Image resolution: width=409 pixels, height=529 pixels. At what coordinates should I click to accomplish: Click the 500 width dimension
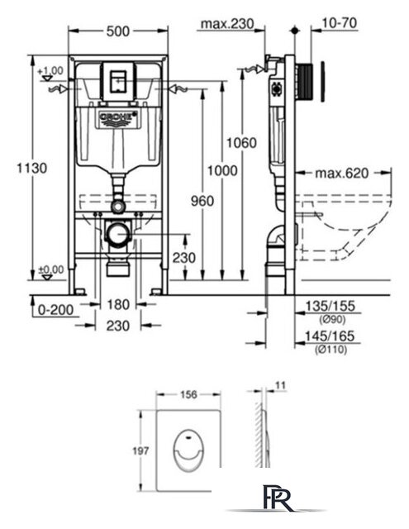[117, 31]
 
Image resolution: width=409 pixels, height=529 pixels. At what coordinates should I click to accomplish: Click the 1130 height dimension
[32, 168]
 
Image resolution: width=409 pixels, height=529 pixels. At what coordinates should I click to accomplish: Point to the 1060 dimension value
[241, 143]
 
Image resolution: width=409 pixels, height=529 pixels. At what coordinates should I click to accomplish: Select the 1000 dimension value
[222, 171]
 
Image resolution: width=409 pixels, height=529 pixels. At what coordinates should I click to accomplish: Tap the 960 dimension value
[202, 201]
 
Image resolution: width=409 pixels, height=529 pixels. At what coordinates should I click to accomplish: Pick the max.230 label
[227, 24]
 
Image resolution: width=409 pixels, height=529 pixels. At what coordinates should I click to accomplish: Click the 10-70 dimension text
[340, 23]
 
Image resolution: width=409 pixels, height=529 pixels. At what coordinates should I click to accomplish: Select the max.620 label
[342, 174]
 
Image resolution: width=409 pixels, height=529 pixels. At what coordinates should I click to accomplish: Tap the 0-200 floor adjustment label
[55, 310]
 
